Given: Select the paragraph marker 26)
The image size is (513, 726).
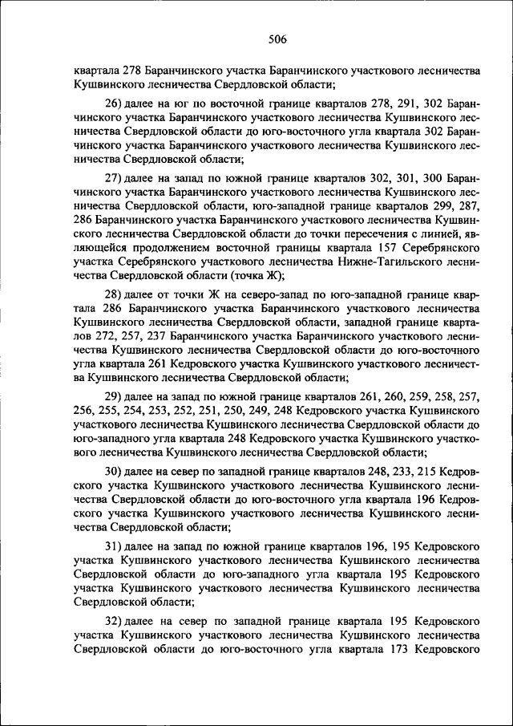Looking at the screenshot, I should click(x=112, y=103).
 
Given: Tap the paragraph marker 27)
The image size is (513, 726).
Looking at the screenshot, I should click(x=112, y=175).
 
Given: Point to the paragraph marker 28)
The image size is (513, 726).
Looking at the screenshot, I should click(x=112, y=294).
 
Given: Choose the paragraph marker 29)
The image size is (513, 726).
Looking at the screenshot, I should click(x=112, y=395).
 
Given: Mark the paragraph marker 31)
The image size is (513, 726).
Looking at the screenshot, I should click(x=112, y=546).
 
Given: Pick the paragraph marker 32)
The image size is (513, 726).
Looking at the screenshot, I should click(x=112, y=621).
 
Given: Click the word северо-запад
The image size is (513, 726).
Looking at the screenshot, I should click(x=231, y=294).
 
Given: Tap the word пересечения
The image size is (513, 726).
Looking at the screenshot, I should click(x=374, y=233).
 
